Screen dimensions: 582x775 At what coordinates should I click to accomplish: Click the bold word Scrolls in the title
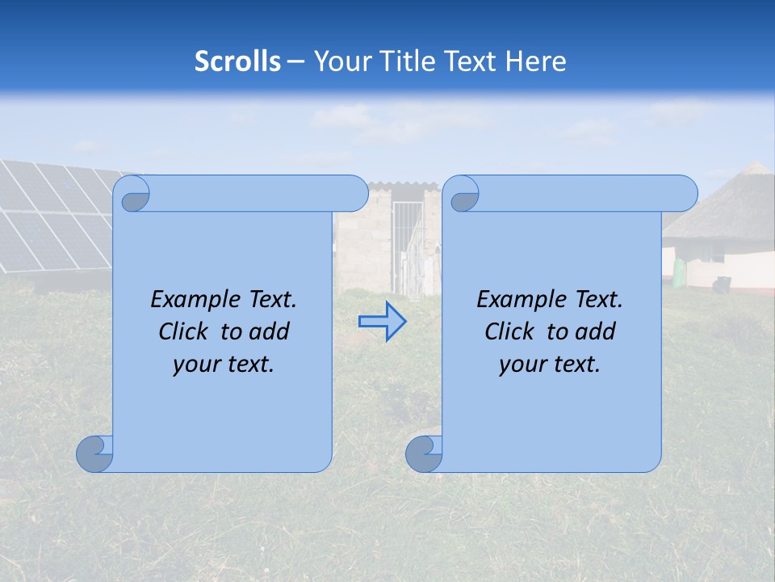[x=238, y=61]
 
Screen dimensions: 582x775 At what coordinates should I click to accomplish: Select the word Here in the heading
[x=536, y=61]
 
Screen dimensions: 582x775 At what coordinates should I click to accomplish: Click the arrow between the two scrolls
[x=382, y=321]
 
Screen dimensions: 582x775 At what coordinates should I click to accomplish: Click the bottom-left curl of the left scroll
[x=94, y=454]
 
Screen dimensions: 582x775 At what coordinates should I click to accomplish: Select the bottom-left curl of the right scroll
[x=424, y=454]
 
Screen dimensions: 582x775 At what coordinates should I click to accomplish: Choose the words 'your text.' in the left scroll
[x=224, y=365]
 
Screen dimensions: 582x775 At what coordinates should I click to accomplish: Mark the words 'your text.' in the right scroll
[x=550, y=365]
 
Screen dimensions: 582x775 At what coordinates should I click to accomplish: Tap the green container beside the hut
[x=683, y=273]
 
